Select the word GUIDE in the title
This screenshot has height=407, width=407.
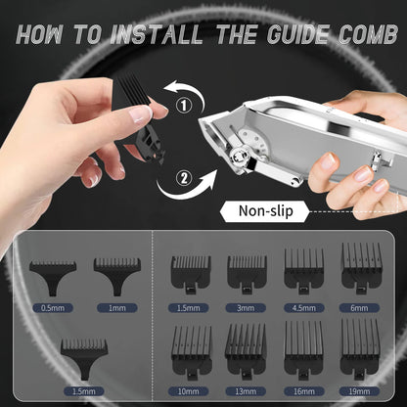click(x=292, y=35)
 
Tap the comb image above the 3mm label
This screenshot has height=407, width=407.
click(x=247, y=273)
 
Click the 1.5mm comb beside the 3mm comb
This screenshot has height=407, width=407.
click(x=191, y=273)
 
